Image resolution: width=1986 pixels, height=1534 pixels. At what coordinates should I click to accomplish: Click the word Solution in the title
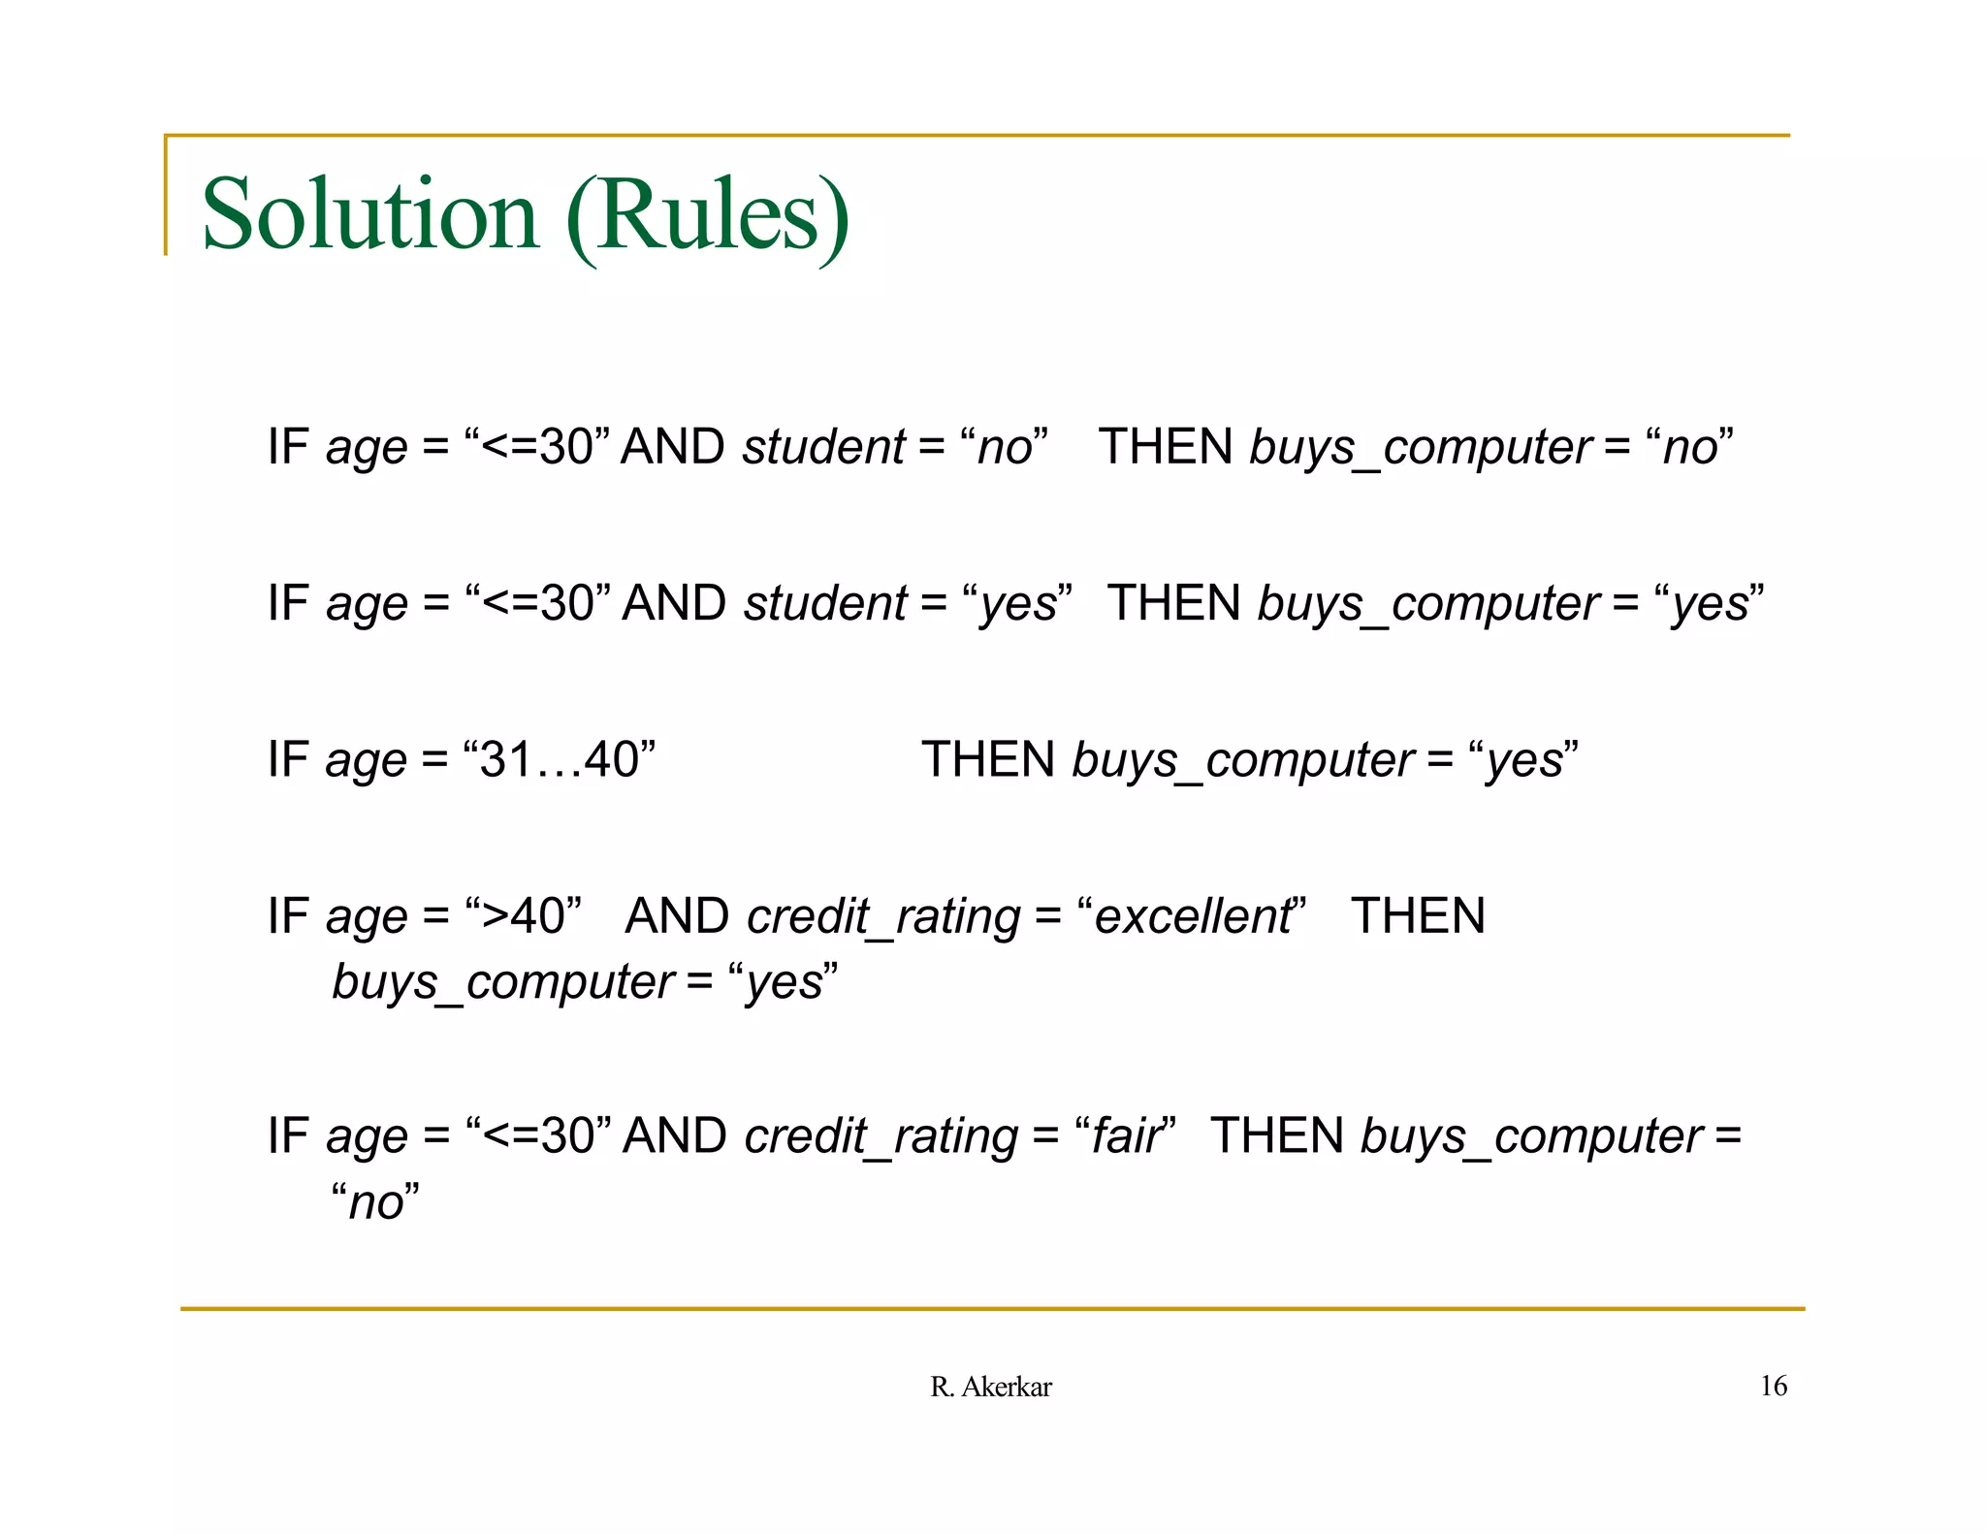point(369,214)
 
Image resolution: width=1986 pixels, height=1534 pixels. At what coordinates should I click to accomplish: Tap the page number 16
point(1773,1386)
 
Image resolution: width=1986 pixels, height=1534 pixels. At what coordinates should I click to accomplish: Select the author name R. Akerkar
point(990,1387)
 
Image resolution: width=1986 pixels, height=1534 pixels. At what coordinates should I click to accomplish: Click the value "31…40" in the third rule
point(560,758)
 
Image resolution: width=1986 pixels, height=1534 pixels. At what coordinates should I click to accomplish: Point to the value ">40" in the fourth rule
point(524,915)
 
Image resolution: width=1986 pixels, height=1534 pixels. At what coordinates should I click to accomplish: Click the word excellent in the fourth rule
point(1193,915)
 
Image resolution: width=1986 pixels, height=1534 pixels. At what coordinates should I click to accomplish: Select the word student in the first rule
point(823,447)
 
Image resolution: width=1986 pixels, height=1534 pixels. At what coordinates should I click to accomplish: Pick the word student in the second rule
point(824,603)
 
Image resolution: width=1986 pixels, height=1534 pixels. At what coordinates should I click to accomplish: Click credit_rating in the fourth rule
point(883,916)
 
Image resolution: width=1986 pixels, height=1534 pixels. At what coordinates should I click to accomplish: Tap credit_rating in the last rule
point(881,1136)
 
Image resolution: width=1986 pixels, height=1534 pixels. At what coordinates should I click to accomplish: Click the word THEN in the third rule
point(988,758)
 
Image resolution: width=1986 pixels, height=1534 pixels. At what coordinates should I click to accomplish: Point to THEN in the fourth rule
point(1418,915)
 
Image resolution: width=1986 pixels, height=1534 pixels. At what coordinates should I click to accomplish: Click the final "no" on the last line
point(375,1202)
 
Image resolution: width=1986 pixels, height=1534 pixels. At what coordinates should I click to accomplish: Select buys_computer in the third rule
point(1242,760)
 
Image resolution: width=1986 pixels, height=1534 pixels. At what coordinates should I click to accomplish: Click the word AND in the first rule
point(672,447)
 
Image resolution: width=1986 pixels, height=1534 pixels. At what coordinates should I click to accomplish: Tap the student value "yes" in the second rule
point(1018,604)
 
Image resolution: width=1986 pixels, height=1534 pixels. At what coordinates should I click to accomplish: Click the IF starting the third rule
point(288,758)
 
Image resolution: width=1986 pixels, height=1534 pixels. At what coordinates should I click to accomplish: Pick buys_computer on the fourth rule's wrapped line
point(502,982)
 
